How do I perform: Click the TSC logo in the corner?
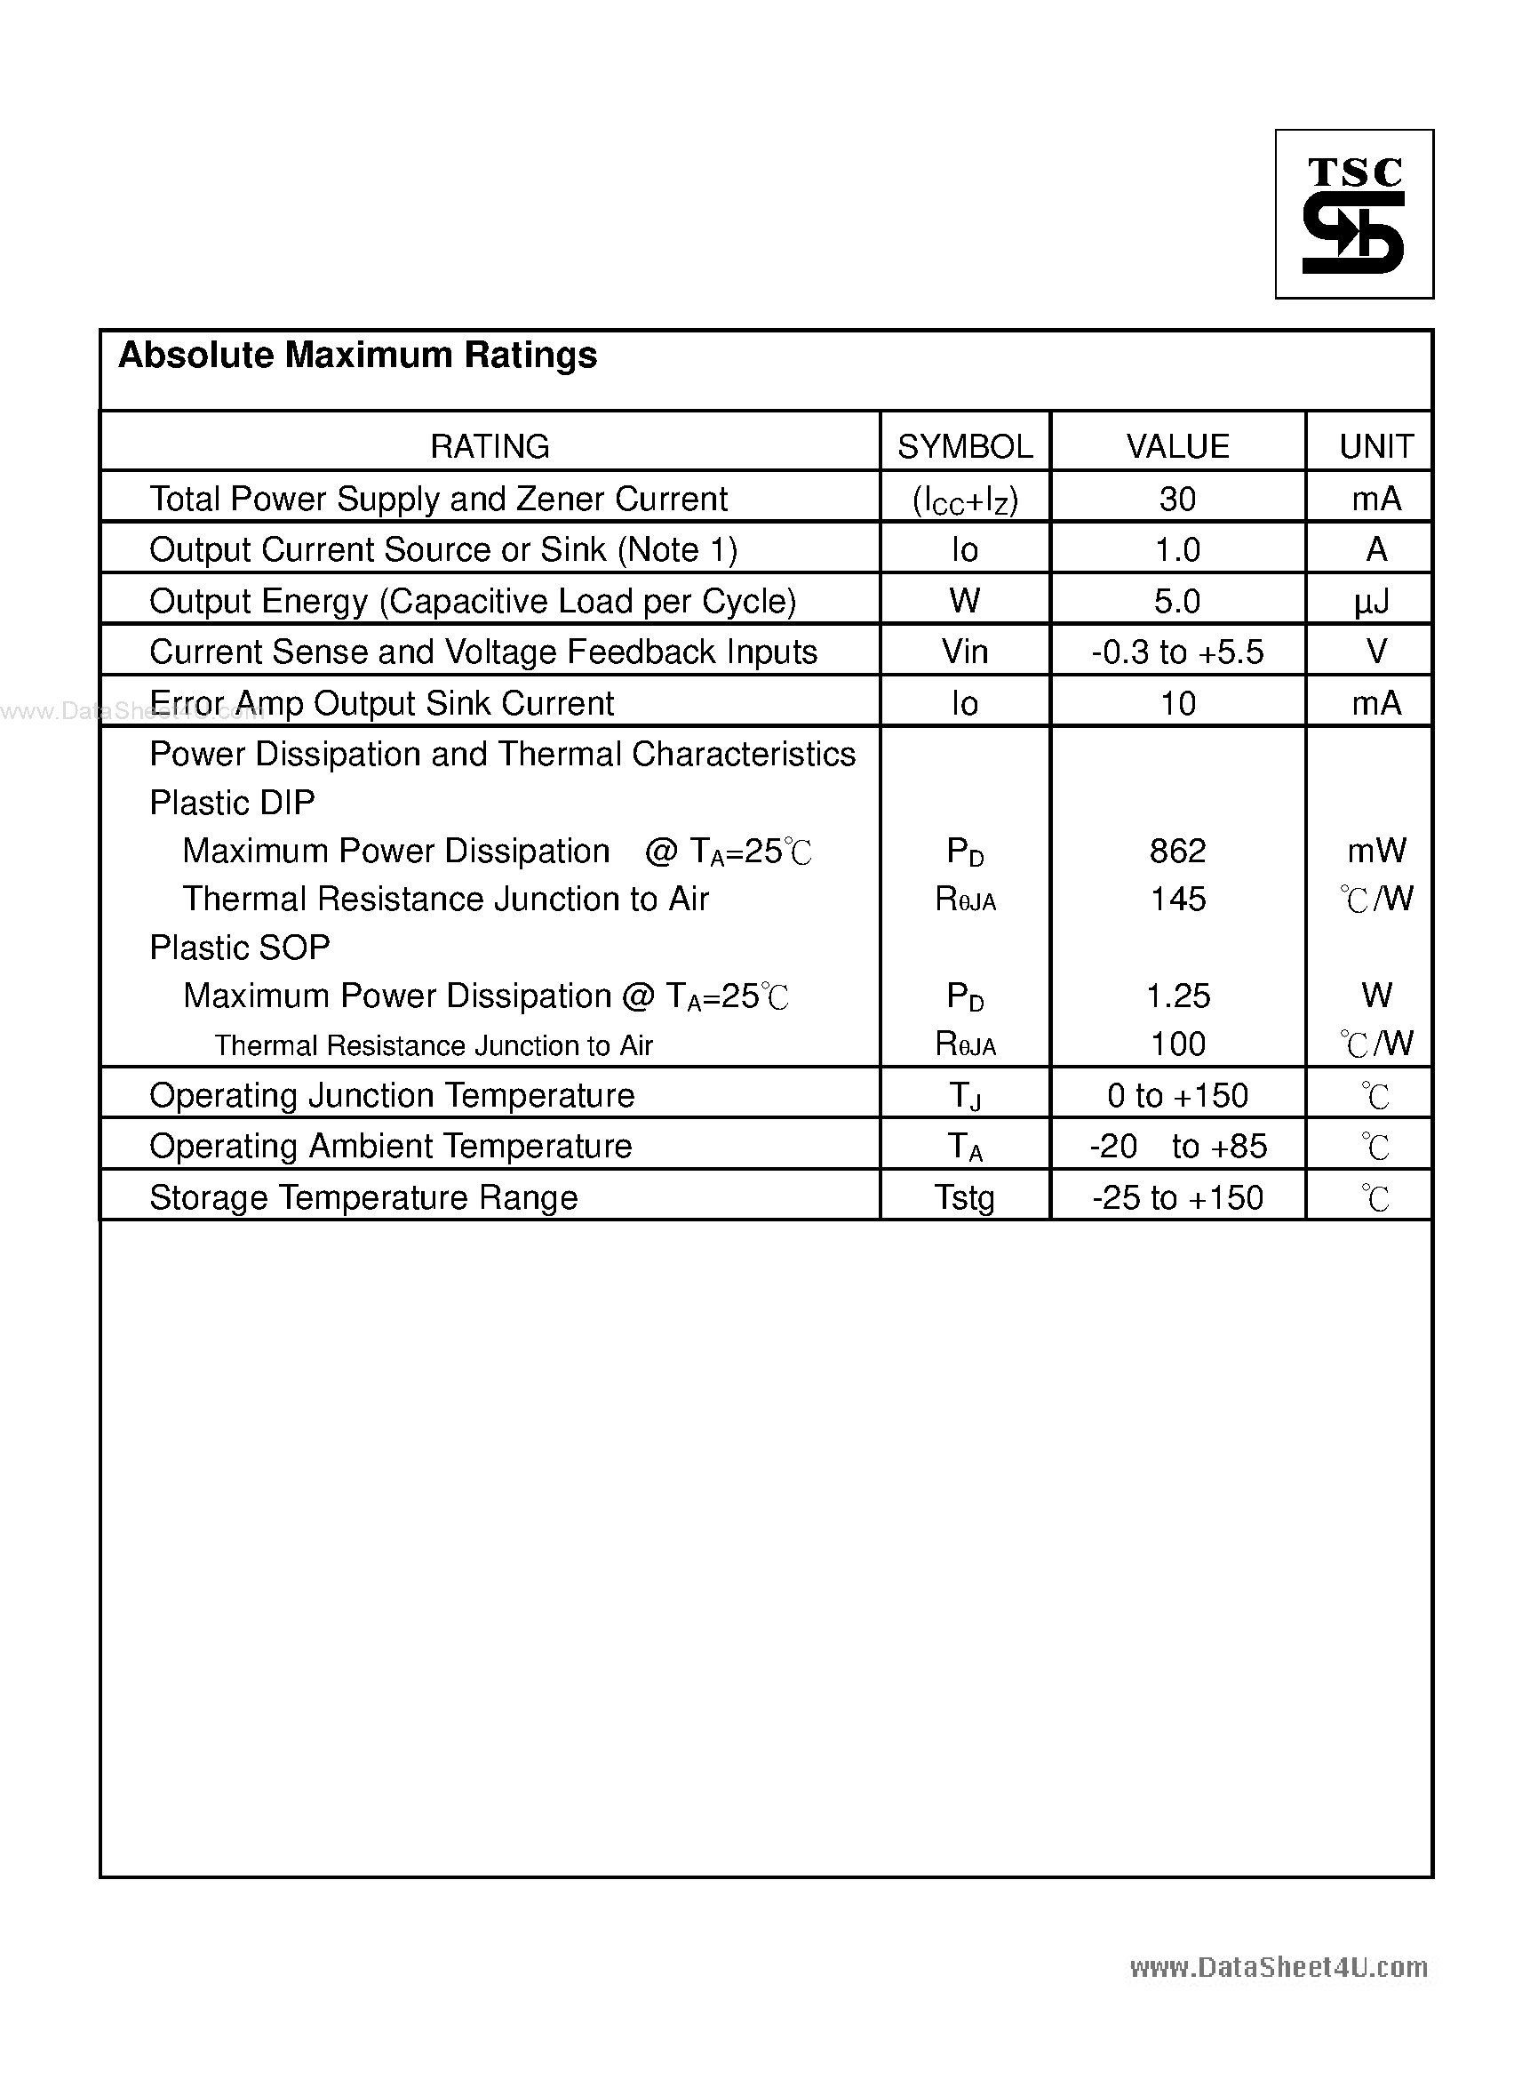[x=1353, y=214]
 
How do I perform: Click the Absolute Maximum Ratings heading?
[x=357, y=355]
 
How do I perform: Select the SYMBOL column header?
[x=964, y=446]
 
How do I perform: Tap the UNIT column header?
[x=1375, y=446]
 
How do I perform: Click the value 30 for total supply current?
[x=1177, y=500]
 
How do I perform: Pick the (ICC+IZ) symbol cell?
[x=964, y=501]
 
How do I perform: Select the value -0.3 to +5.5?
[x=1177, y=652]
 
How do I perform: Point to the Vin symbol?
[x=964, y=652]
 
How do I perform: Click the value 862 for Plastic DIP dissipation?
[x=1177, y=851]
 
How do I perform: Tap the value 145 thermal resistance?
[x=1177, y=899]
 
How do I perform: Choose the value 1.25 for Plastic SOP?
[x=1177, y=996]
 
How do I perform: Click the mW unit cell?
[x=1375, y=851]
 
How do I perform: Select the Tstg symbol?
[x=964, y=1198]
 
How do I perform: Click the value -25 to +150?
[x=1177, y=1198]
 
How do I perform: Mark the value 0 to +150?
[x=1177, y=1096]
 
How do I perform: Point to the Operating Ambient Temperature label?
[x=390, y=1147]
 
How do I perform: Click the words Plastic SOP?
[x=239, y=948]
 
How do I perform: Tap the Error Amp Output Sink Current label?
[x=380, y=704]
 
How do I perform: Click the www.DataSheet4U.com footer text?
[x=1278, y=1966]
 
